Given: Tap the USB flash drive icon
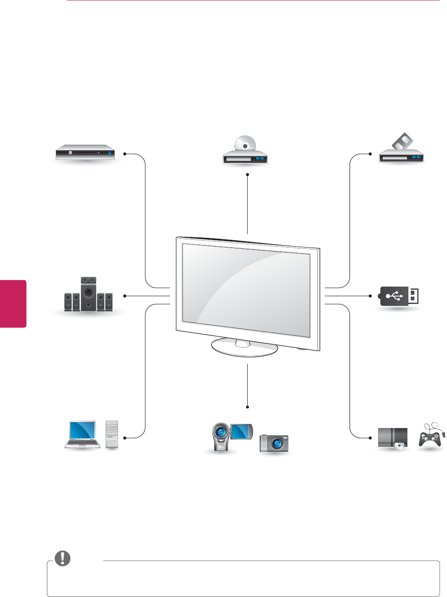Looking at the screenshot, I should [398, 296].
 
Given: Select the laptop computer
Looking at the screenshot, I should [82, 434].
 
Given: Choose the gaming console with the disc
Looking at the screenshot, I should [392, 438].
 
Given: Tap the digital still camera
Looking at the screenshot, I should [274, 443].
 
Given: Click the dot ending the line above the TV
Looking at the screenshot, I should [247, 174].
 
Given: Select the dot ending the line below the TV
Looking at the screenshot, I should [247, 407].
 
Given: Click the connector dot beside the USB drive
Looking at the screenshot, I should [370, 296].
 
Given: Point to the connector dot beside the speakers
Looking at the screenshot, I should [124, 296].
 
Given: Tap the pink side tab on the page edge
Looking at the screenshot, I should [13, 304].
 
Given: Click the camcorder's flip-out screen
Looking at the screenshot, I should [241, 430].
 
